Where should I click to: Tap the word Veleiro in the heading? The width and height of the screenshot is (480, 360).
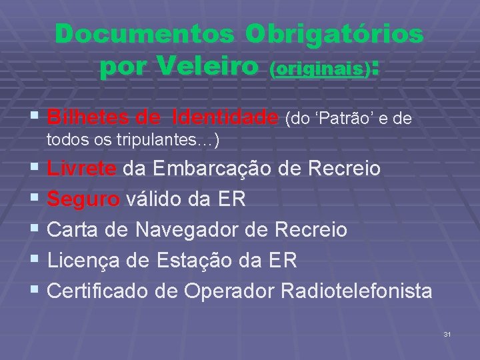207,66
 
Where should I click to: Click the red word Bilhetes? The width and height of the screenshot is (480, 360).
89,118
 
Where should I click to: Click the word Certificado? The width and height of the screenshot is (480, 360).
103,291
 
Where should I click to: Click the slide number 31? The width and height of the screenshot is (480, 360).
447,333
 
